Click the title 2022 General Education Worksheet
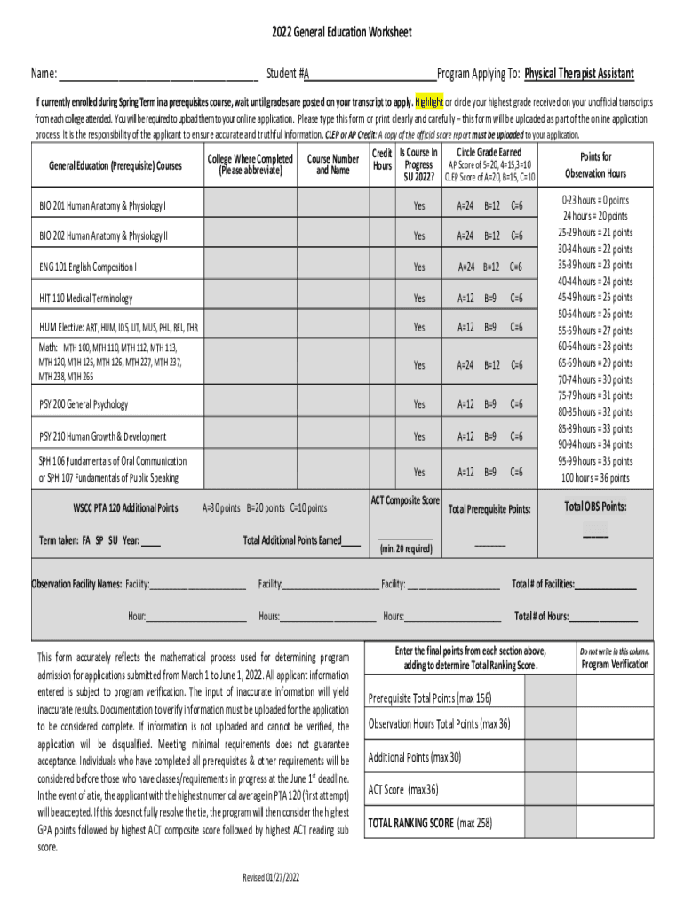click(342, 33)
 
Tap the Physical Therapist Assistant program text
click(578, 74)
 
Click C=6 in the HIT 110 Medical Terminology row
click(516, 298)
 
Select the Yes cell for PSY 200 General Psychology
click(418, 404)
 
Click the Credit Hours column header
click(382, 160)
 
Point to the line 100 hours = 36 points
click(595, 477)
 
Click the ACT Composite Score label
click(404, 501)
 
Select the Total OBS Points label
click(595, 507)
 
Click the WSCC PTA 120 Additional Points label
click(124, 508)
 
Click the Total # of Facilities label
click(543, 584)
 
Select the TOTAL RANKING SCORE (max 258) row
click(430, 823)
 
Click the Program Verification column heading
click(615, 665)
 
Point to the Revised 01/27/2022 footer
click(272, 878)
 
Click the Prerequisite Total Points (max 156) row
click(430, 698)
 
